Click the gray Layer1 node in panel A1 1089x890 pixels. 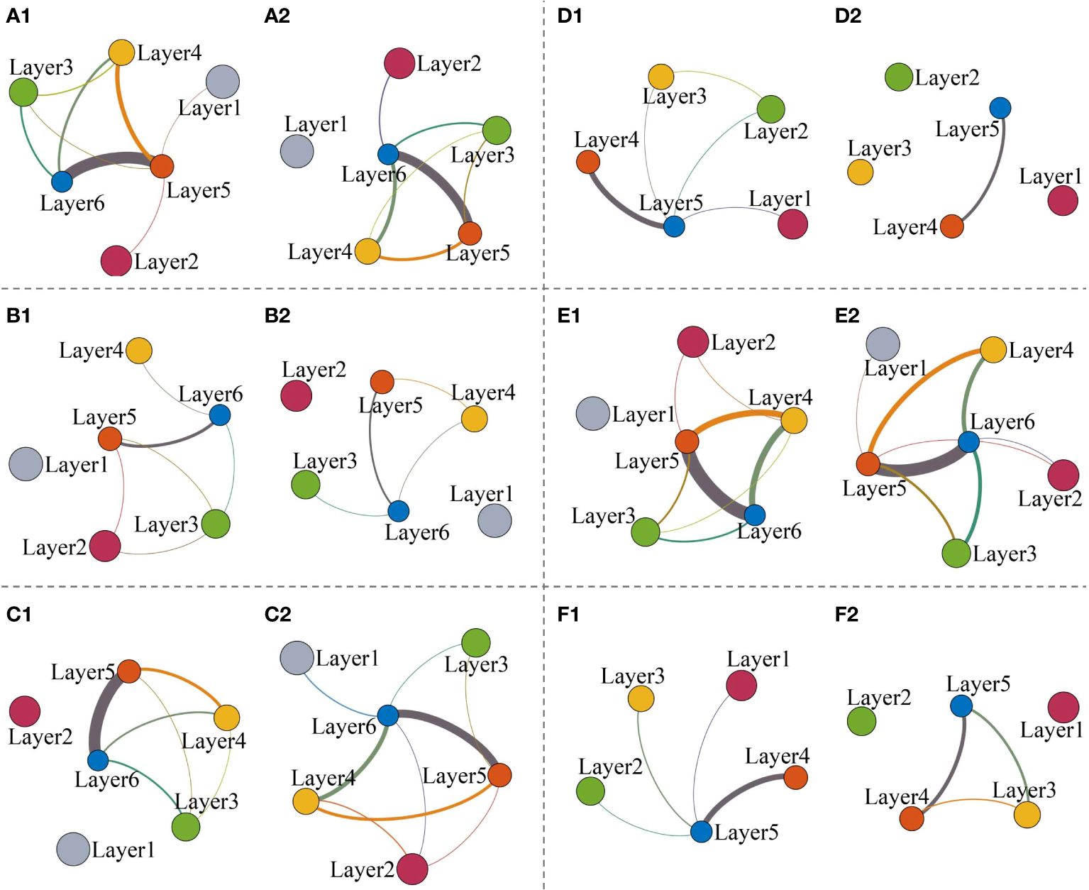(x=223, y=82)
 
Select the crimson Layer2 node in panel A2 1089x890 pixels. (x=399, y=63)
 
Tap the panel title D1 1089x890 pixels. (x=569, y=16)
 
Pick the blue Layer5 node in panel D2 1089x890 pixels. (x=1000, y=108)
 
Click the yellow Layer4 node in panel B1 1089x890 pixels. (x=139, y=351)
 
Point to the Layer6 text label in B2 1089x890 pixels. (x=416, y=532)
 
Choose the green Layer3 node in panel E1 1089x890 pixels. (x=646, y=532)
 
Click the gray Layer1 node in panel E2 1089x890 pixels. (x=883, y=344)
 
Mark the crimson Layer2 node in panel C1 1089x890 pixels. (x=25, y=711)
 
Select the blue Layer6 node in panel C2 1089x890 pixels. (x=388, y=715)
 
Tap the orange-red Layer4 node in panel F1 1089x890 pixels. (x=796, y=777)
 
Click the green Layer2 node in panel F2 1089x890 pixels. (x=861, y=721)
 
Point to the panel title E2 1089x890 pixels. (x=847, y=315)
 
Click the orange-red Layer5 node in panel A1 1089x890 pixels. (x=162, y=166)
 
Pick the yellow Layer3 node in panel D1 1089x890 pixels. (x=661, y=77)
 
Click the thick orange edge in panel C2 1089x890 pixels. (x=404, y=818)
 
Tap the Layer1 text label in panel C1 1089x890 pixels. (x=123, y=850)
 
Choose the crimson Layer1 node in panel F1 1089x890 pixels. (x=741, y=686)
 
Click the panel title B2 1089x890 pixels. (x=277, y=315)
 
